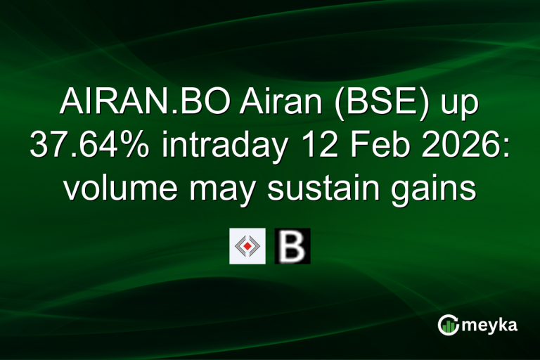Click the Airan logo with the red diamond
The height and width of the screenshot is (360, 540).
click(x=247, y=246)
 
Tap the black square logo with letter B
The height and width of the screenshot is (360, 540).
click(x=292, y=246)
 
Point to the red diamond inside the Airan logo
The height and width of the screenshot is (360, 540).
click(x=247, y=246)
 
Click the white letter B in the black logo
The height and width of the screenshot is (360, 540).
click(x=292, y=246)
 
